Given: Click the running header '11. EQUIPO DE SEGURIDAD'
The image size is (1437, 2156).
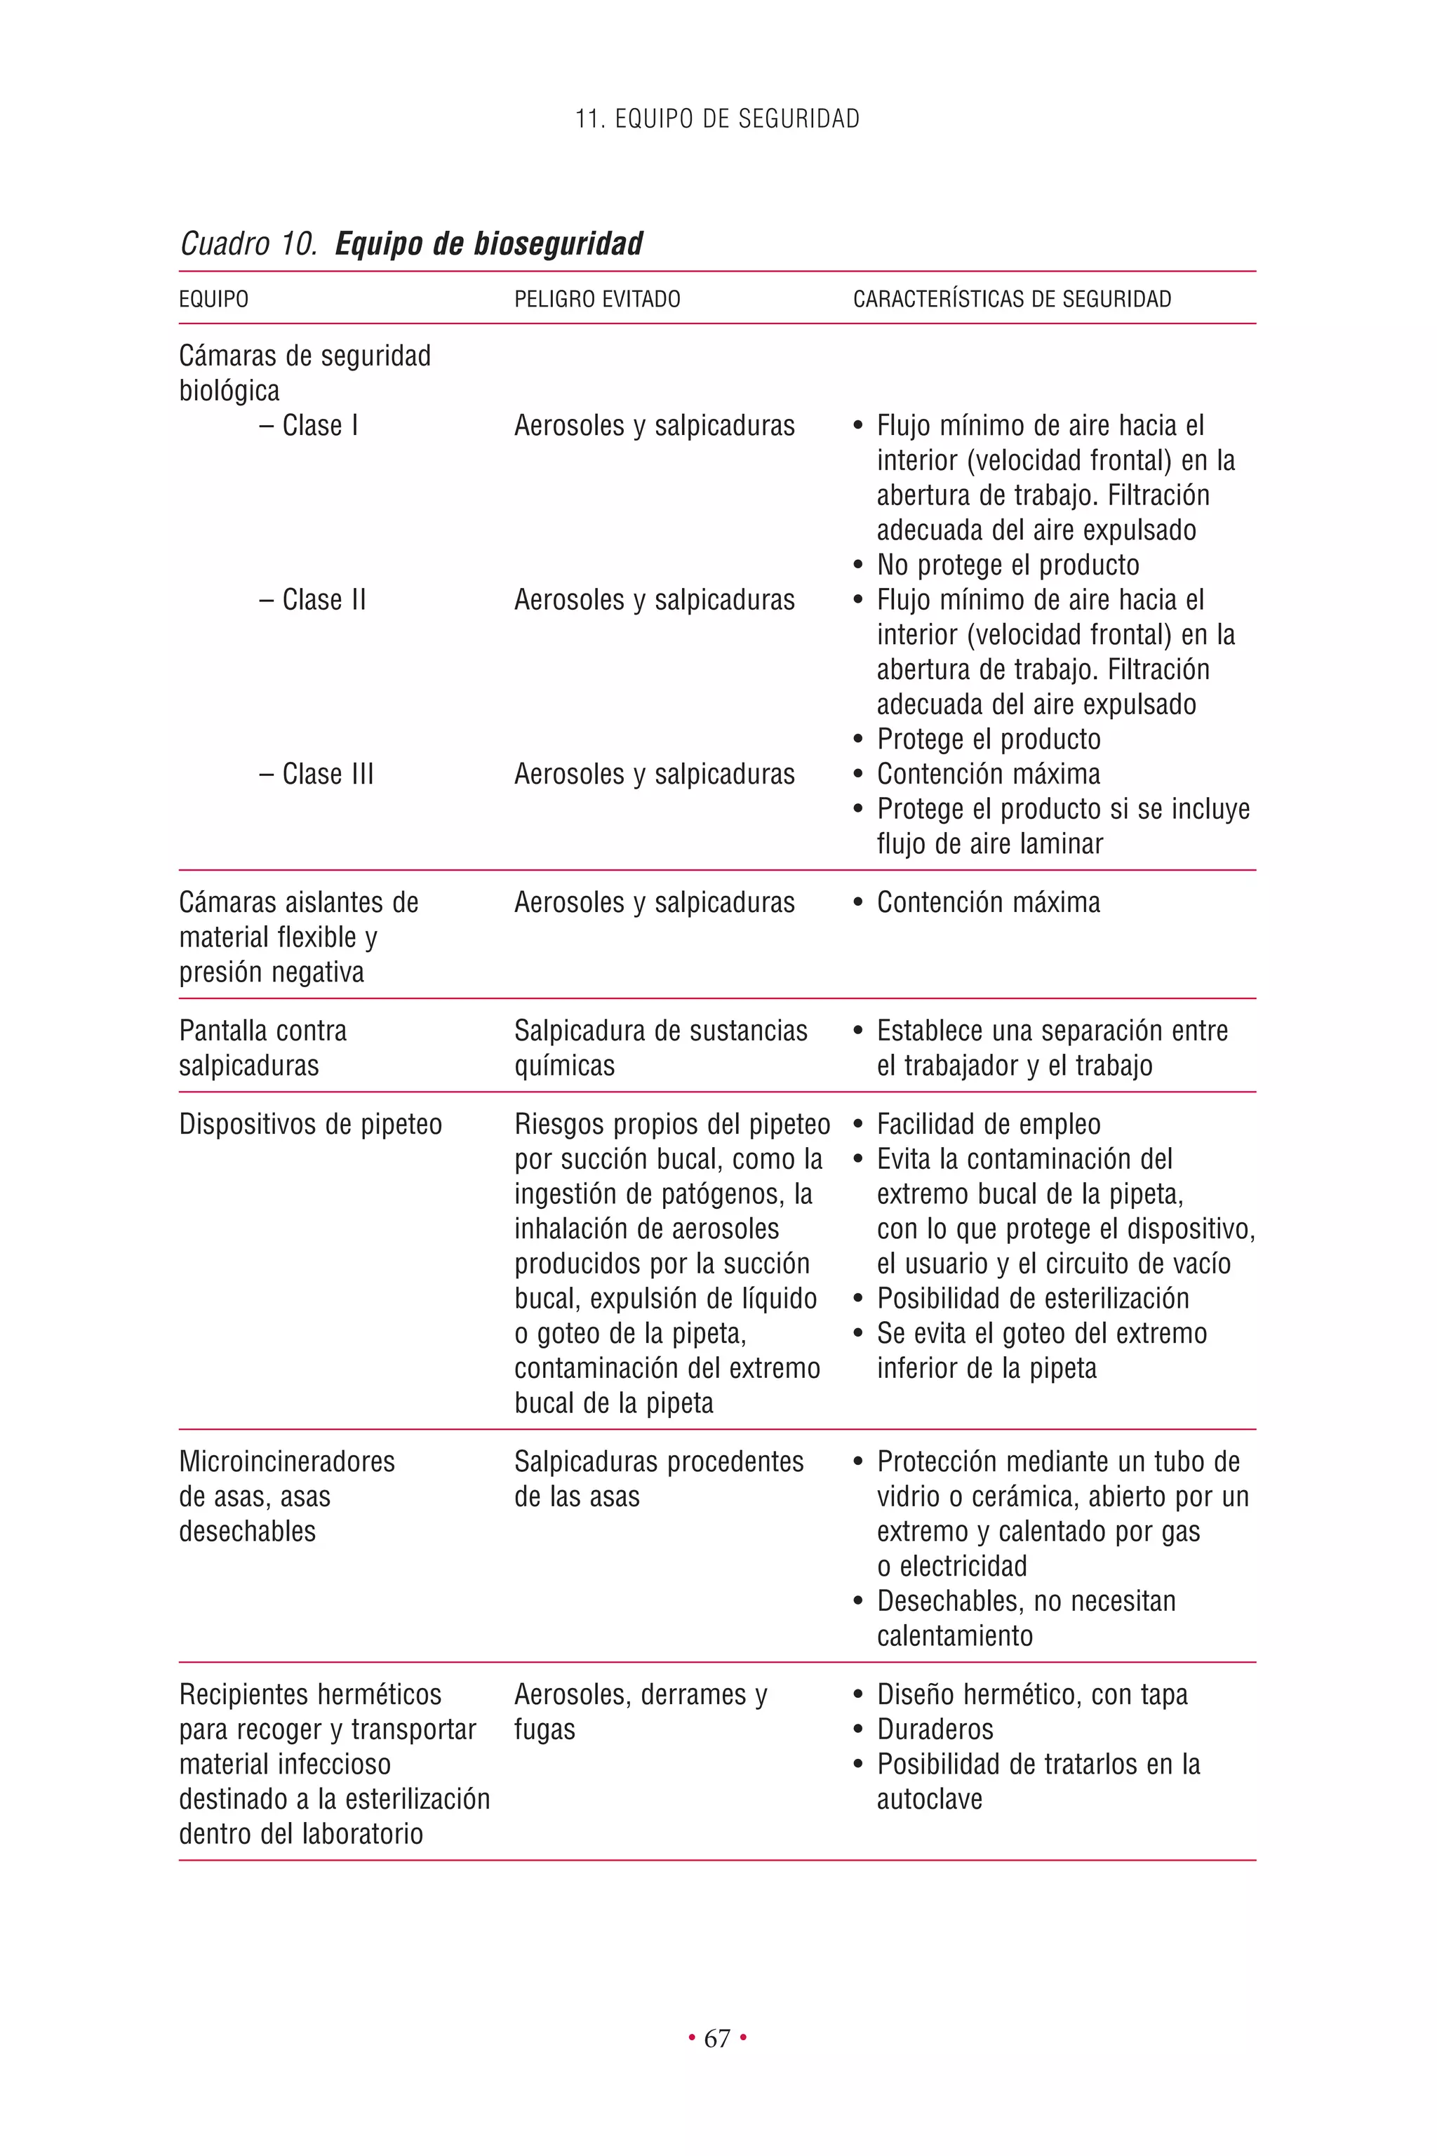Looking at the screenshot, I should [x=718, y=119].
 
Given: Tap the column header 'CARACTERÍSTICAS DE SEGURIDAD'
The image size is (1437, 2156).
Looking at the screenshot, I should [x=1012, y=299].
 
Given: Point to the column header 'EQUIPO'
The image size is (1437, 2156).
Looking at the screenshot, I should [x=213, y=299].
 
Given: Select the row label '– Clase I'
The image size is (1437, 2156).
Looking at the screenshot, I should [x=309, y=425].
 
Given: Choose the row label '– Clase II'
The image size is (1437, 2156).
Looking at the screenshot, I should [x=312, y=599].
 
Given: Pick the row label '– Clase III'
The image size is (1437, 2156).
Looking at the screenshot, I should [x=316, y=773].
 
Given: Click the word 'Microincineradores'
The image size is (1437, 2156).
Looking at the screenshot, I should [x=287, y=1461].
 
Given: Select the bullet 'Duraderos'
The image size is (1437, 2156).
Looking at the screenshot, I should [x=935, y=1728].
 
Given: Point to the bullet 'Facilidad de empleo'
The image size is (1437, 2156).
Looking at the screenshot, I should [x=988, y=1123].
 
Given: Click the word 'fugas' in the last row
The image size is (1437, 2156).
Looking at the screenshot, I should [x=544, y=1729].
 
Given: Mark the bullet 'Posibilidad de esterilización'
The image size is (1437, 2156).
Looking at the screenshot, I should [x=1032, y=1297].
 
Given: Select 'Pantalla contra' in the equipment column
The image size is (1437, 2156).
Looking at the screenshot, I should [x=262, y=1030].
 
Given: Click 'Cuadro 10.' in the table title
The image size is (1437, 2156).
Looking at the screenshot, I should [x=248, y=243].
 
